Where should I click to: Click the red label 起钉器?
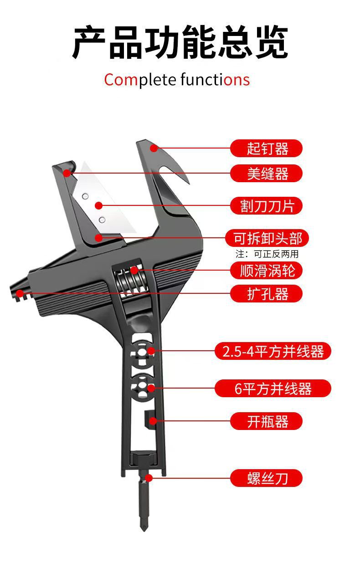tap(266, 148)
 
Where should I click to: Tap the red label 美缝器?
tap(266, 173)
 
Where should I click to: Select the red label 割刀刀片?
tap(266, 205)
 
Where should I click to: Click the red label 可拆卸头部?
tap(267, 238)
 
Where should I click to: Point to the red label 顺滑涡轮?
tap(266, 271)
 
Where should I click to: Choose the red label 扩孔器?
tap(266, 294)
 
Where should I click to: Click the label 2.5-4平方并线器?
tap(273, 351)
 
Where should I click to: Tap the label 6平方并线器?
tap(273, 389)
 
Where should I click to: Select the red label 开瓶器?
tap(266, 421)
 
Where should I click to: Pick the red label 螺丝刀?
tap(266, 478)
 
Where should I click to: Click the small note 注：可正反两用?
tap(267, 254)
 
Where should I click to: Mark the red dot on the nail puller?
tap(154, 148)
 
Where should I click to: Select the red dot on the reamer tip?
tap(19, 293)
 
